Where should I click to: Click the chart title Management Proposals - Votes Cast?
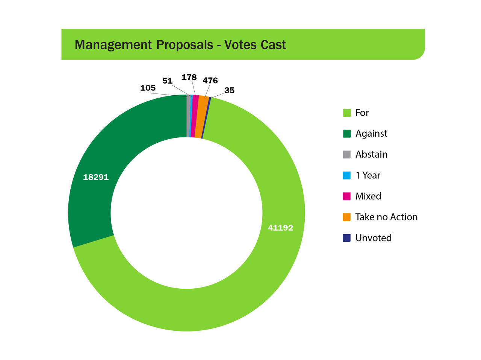(x=180, y=45)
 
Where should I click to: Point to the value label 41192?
(x=280, y=227)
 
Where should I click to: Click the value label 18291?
(x=96, y=177)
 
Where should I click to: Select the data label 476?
(x=210, y=80)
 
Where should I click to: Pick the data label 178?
(x=189, y=77)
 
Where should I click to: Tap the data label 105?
(x=148, y=88)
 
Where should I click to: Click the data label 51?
(x=167, y=81)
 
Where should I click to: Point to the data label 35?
(x=229, y=90)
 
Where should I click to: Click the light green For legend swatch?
(x=347, y=113)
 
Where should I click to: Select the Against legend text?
(x=371, y=133)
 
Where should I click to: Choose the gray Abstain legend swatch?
(x=347, y=154)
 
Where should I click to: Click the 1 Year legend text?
(x=368, y=175)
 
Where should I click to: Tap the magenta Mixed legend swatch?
(x=347, y=196)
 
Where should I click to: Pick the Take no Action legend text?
(x=386, y=217)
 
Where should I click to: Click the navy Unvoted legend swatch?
(x=347, y=238)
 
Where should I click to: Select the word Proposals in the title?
(x=185, y=45)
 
